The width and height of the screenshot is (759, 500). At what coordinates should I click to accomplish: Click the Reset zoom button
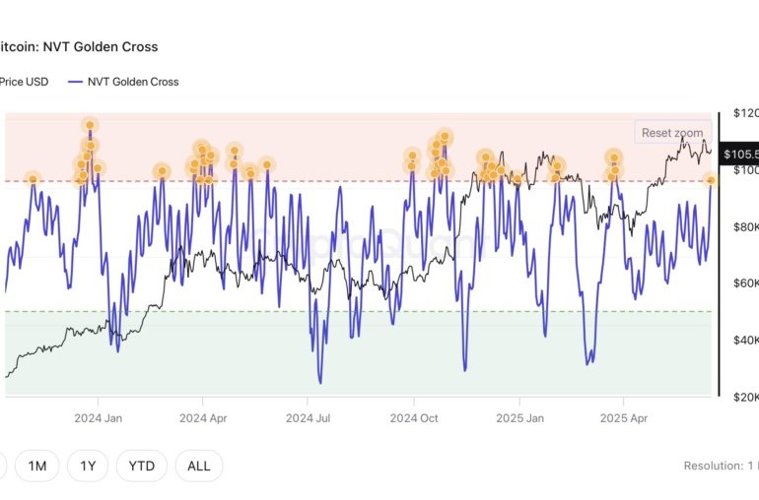(x=672, y=133)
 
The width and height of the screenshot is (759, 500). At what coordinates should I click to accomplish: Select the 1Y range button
(x=88, y=466)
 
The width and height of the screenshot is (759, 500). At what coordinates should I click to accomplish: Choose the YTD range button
(x=141, y=466)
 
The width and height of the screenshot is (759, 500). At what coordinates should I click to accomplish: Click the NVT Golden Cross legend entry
(x=124, y=82)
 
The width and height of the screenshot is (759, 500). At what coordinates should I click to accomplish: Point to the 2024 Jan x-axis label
(x=99, y=416)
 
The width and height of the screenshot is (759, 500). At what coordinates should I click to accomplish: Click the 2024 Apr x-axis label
(x=203, y=416)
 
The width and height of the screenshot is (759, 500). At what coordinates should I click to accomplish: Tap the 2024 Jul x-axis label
(x=307, y=416)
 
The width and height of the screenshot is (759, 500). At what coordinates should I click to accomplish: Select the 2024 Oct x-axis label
(x=414, y=416)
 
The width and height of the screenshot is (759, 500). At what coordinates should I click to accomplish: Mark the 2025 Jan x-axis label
(x=519, y=416)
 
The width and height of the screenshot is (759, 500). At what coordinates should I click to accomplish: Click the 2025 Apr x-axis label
(x=623, y=416)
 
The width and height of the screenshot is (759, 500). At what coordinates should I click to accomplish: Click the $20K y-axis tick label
(x=743, y=398)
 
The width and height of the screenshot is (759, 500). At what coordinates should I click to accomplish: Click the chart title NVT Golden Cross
(x=79, y=46)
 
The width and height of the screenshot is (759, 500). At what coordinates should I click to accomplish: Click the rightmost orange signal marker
(x=711, y=179)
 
